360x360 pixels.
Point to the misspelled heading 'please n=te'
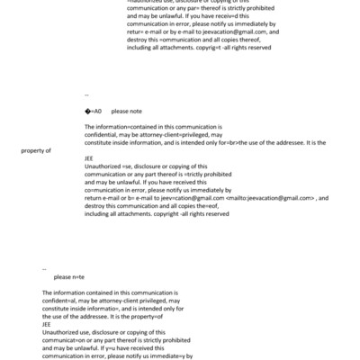click(69, 277)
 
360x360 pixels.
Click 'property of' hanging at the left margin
click(36, 150)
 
